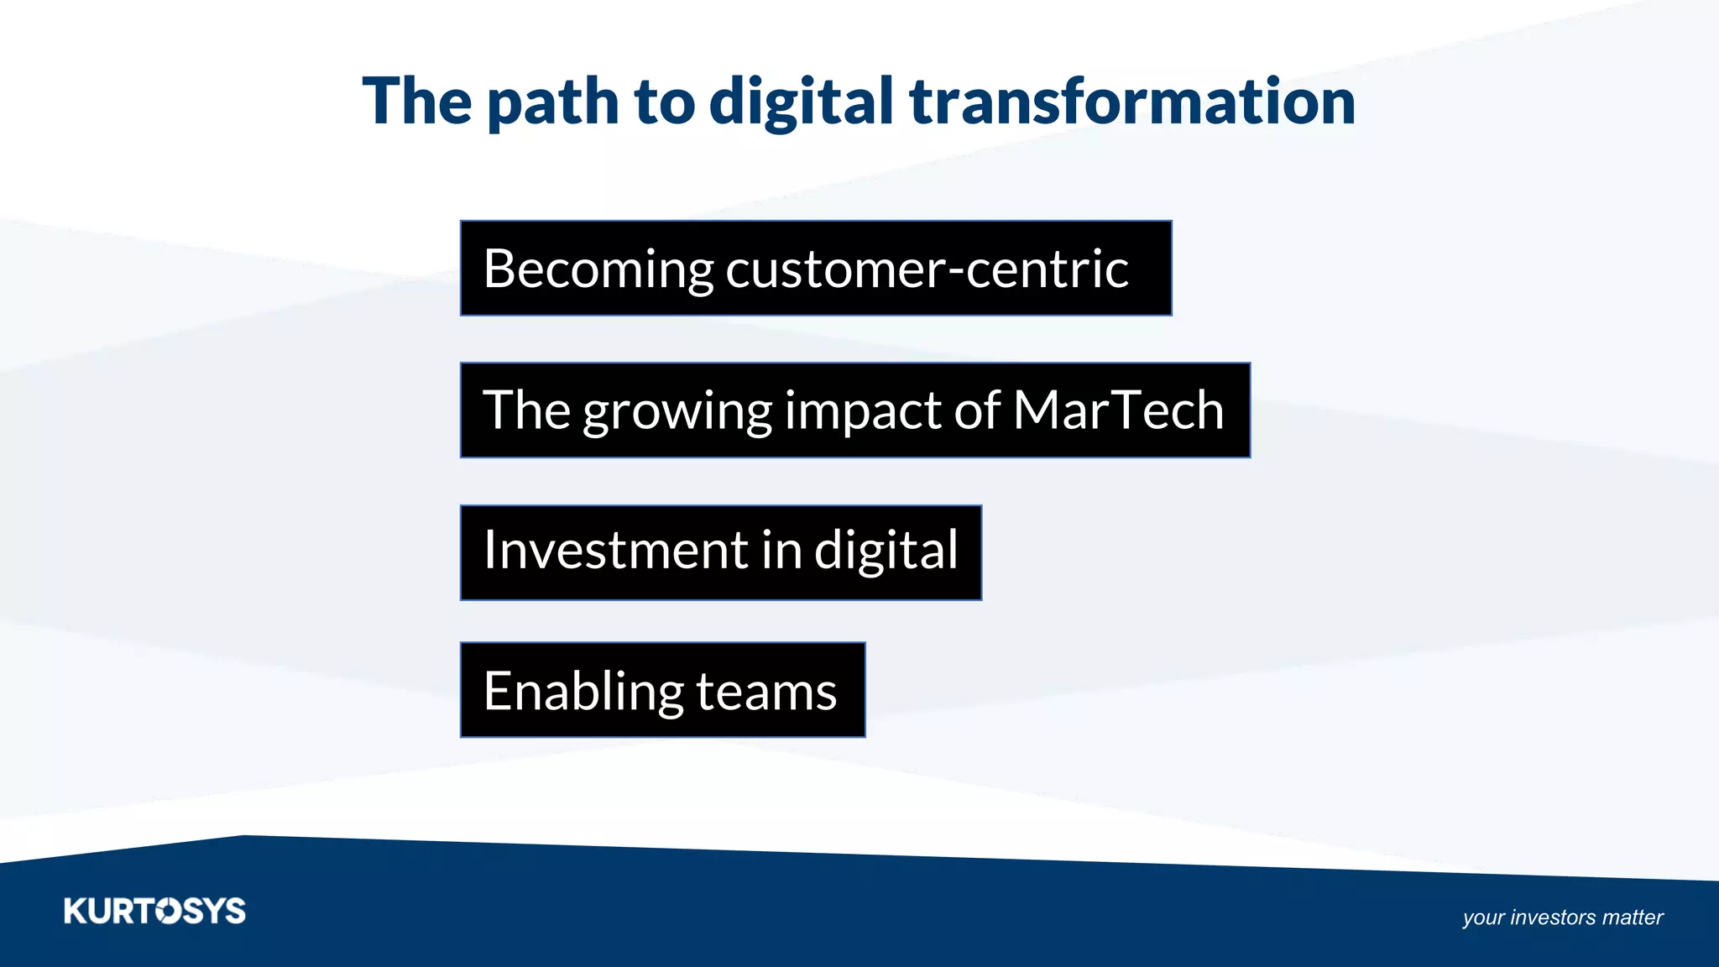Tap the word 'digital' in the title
click(x=801, y=102)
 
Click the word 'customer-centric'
click(x=927, y=270)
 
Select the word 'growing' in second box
click(x=677, y=411)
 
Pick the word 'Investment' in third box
click(x=616, y=551)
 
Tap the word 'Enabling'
click(x=583, y=693)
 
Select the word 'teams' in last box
click(x=765, y=693)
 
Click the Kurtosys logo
click(x=154, y=911)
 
